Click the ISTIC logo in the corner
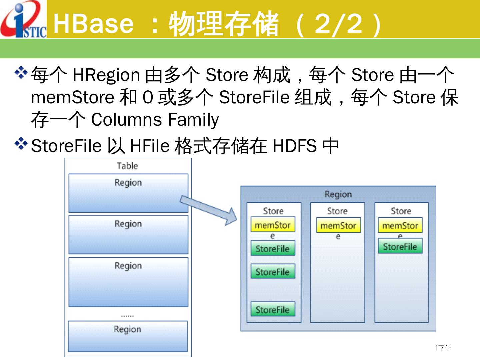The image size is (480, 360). tap(23, 19)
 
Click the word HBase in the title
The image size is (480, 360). tap(93, 23)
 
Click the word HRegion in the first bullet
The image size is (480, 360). tap(106, 75)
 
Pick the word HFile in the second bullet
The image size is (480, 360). tap(150, 146)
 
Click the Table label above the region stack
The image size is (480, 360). tap(127, 166)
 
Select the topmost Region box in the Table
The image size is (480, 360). tap(128, 193)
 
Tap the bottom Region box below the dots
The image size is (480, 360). tap(128, 336)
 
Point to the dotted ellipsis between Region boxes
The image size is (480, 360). tap(127, 315)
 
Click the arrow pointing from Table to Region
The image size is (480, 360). tap(208, 209)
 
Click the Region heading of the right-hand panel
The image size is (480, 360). tap(338, 194)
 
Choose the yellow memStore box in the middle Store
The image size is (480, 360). tap(338, 226)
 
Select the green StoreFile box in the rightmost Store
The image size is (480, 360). tap(400, 246)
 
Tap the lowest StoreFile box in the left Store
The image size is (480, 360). tap(273, 309)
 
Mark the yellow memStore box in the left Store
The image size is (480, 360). tap(273, 225)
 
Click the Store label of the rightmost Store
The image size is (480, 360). tap(401, 211)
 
